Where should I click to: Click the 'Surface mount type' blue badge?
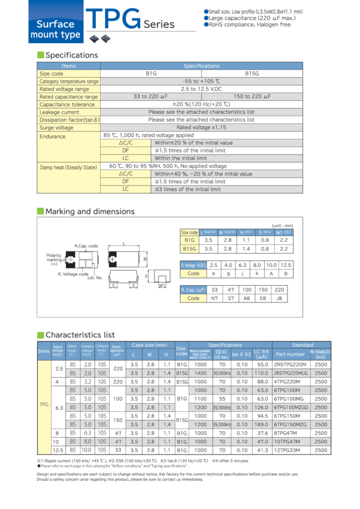(55, 29)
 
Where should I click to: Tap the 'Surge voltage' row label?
(56, 128)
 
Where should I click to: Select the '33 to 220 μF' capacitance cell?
(151, 96)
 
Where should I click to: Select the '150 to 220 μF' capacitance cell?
(252, 96)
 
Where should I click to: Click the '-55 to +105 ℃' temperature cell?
(201, 81)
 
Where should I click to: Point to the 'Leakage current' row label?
(59, 112)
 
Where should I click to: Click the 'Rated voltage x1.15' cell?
(201, 128)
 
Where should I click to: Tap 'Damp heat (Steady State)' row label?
(68, 167)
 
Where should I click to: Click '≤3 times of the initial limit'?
(187, 189)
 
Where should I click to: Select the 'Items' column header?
(69, 66)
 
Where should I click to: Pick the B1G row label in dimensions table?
(189, 240)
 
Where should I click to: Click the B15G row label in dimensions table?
(189, 247)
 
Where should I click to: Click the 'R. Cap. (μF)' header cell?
(193, 290)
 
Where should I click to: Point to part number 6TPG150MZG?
(292, 423)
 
